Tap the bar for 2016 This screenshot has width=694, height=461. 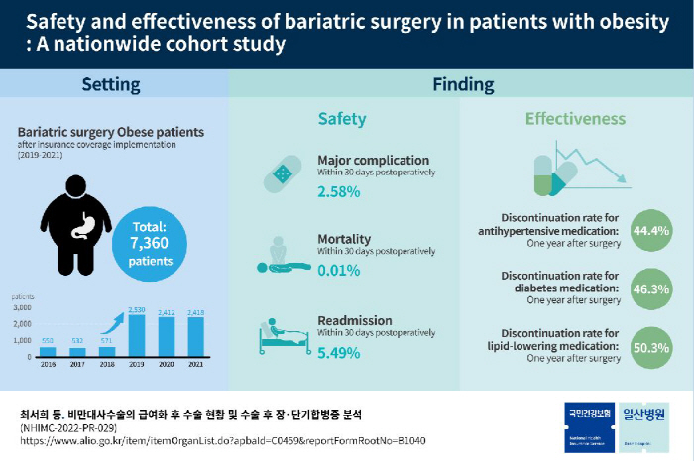click(48, 350)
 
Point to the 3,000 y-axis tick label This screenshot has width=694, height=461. click(23, 307)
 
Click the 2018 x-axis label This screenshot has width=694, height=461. click(106, 364)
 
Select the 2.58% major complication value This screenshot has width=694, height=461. click(338, 190)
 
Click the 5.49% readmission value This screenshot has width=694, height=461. click(338, 352)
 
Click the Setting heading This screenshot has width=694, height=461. click(116, 84)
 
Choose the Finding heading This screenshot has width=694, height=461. click(463, 84)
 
